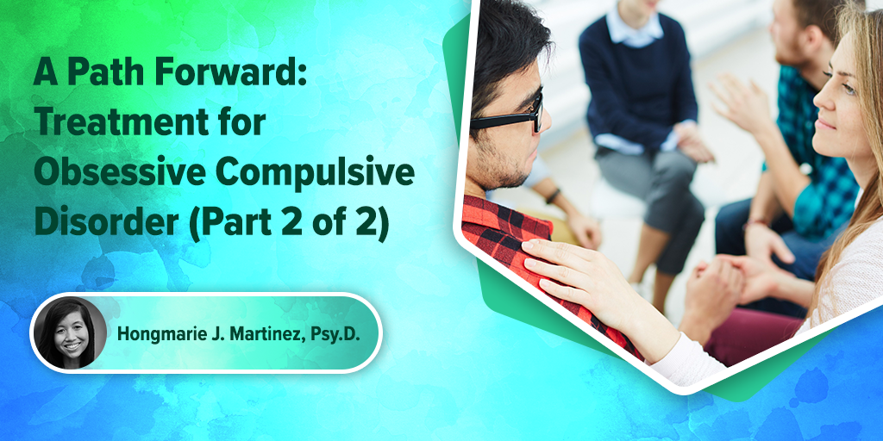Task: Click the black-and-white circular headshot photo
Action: click(x=71, y=333)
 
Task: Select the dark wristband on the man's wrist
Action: click(x=553, y=196)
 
